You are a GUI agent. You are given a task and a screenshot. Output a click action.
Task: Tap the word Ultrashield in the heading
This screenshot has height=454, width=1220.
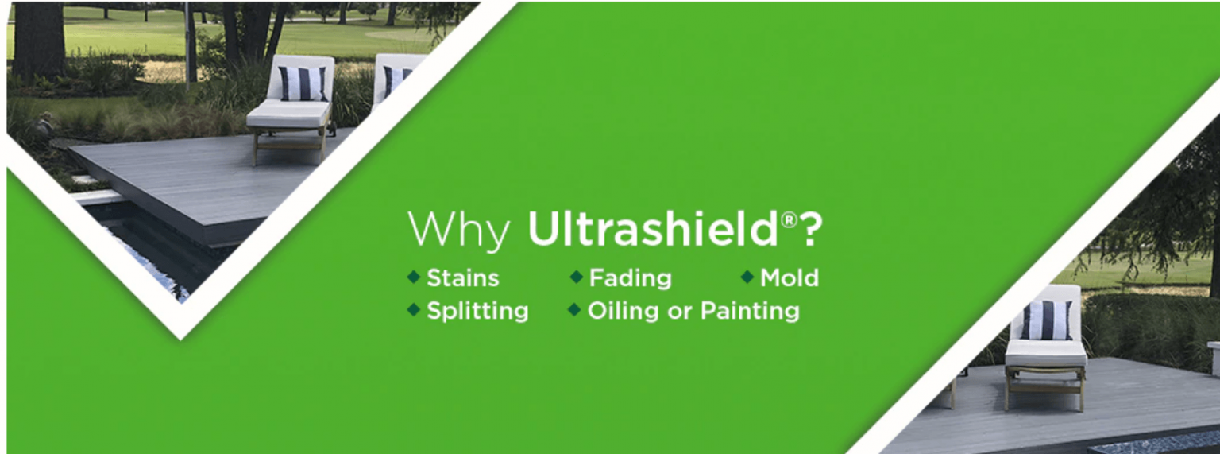pos(652,229)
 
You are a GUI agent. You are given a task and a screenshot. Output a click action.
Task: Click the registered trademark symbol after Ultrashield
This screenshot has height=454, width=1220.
pos(789,220)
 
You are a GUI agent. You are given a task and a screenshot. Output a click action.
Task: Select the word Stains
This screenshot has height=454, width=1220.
pos(462,278)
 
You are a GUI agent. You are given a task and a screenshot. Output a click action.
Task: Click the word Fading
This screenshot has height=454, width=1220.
pos(630,278)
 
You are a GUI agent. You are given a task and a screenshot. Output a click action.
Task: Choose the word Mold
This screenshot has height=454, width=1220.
pos(790,278)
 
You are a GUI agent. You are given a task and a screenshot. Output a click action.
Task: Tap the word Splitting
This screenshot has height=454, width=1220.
pos(477,312)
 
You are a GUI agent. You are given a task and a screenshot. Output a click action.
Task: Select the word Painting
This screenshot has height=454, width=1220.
pos(750,311)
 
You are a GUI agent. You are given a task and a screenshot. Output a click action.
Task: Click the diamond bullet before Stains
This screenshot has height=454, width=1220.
pos(414,277)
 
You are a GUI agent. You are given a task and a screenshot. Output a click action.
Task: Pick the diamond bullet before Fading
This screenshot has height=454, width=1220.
pos(576,277)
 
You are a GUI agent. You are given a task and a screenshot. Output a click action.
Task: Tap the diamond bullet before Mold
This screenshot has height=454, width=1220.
pos(747,277)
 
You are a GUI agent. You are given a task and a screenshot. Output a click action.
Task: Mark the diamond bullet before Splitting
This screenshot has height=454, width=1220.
pos(414,310)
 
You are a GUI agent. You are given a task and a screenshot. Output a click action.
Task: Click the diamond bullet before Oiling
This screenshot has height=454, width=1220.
pos(574,310)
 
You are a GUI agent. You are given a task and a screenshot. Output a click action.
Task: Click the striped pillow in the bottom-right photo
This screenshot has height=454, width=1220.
pos(1046,320)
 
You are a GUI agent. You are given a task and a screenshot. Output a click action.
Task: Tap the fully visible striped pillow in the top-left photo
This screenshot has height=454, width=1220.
pos(303,83)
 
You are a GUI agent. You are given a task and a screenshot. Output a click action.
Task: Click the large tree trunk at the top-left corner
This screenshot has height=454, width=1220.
pos(38,41)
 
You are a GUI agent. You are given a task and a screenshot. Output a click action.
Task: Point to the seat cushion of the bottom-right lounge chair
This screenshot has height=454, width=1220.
pos(1046,353)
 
